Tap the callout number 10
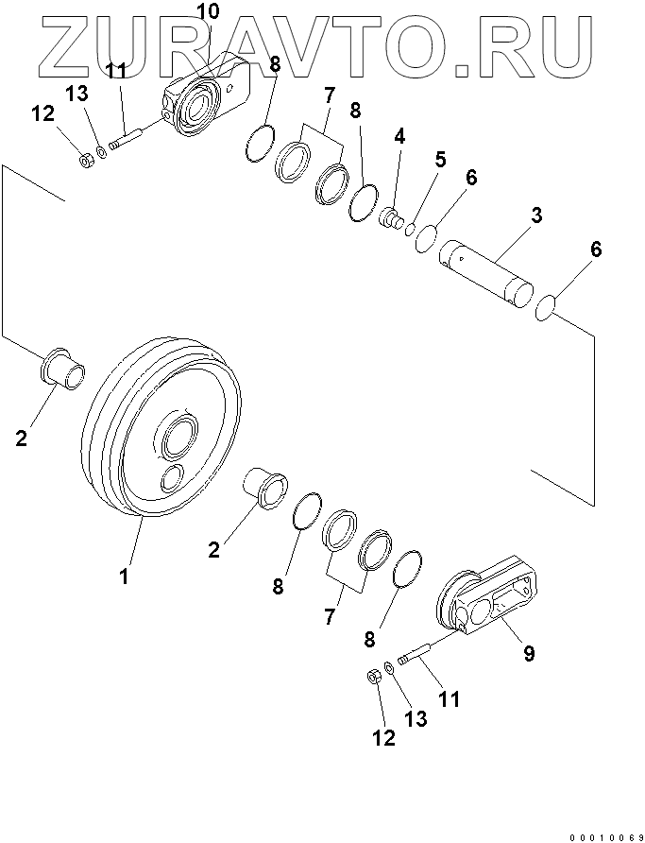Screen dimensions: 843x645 tap(208, 12)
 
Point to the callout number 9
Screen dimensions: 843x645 tap(528, 651)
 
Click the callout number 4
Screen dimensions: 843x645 tap(399, 136)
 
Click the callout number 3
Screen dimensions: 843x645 tap(535, 215)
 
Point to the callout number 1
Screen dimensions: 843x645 tap(123, 575)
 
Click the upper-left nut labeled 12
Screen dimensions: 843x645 tap(83, 160)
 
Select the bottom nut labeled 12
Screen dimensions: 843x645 tap(372, 678)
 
